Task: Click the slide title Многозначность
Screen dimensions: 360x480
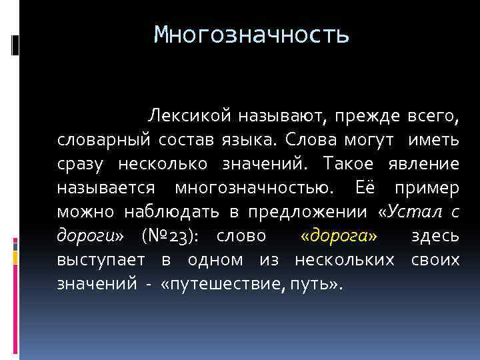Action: pyautogui.click(x=251, y=34)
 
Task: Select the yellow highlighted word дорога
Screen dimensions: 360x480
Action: pyautogui.click(x=339, y=237)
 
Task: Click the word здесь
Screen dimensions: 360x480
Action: pyautogui.click(x=435, y=237)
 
